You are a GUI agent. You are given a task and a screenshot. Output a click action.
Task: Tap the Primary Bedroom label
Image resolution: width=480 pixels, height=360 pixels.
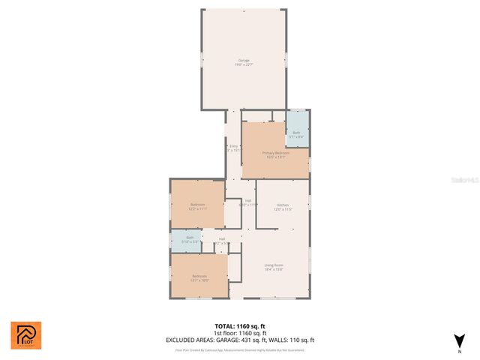(274, 154)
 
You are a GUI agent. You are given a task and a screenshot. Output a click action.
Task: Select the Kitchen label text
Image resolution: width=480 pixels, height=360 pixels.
(283, 207)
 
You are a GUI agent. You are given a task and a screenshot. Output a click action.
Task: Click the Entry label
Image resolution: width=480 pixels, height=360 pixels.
(232, 148)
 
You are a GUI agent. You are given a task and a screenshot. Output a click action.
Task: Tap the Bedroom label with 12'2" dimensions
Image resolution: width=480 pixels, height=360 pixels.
(197, 206)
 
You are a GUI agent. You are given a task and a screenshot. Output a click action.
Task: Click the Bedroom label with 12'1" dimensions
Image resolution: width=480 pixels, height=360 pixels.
(199, 278)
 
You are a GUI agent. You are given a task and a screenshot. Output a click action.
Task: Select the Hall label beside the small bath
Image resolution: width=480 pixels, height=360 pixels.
(222, 241)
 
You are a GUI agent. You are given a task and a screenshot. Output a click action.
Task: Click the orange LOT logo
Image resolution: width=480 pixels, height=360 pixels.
(25, 335)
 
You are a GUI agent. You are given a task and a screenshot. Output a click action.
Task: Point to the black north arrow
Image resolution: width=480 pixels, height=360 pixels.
(459, 340)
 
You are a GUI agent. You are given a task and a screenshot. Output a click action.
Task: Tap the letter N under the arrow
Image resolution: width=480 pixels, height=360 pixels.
(459, 351)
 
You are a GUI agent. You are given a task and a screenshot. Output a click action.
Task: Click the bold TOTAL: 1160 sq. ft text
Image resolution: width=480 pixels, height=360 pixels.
(240, 326)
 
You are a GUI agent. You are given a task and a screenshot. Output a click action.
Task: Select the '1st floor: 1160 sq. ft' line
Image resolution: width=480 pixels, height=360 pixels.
(240, 333)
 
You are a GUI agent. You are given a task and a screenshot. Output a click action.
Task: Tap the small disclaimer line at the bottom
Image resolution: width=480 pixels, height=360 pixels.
(240, 349)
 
